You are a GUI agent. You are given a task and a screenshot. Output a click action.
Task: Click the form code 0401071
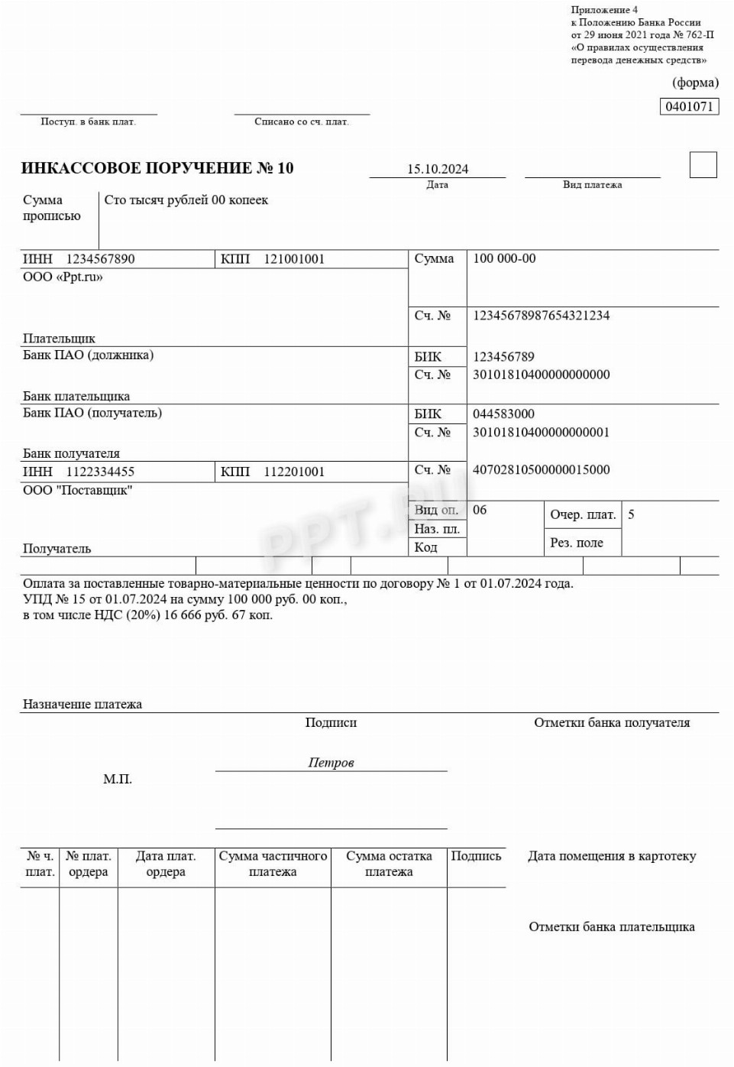(x=689, y=106)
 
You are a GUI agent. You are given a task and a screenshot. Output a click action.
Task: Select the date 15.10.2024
(x=438, y=169)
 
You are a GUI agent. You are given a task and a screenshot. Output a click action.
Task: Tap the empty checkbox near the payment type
(x=703, y=165)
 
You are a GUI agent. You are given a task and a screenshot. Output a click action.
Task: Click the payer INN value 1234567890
(x=100, y=259)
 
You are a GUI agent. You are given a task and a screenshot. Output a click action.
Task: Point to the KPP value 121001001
(x=294, y=259)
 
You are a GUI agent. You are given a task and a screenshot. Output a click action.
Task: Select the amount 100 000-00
(x=504, y=258)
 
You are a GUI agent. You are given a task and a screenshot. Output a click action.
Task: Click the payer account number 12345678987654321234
(x=541, y=316)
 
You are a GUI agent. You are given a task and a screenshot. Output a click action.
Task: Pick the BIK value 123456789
(x=503, y=357)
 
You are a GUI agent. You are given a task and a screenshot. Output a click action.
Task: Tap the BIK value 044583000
(x=503, y=414)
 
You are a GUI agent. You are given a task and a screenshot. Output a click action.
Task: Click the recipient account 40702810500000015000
(x=541, y=470)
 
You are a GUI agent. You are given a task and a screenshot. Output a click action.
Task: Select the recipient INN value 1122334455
(x=100, y=472)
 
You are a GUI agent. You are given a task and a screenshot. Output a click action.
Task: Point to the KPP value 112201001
(x=294, y=472)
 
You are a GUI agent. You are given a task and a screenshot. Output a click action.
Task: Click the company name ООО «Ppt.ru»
(x=63, y=277)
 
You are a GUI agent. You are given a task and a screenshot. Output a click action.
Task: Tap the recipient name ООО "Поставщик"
(x=77, y=490)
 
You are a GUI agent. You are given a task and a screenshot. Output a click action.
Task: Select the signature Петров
(x=331, y=762)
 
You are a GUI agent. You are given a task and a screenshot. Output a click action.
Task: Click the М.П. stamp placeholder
(x=118, y=779)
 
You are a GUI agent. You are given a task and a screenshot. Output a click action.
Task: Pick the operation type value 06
(x=480, y=510)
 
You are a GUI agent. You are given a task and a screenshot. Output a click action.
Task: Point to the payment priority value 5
(x=631, y=514)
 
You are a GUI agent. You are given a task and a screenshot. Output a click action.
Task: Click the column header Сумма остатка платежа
(x=389, y=864)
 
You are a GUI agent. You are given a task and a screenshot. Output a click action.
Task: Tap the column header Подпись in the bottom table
(x=476, y=856)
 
